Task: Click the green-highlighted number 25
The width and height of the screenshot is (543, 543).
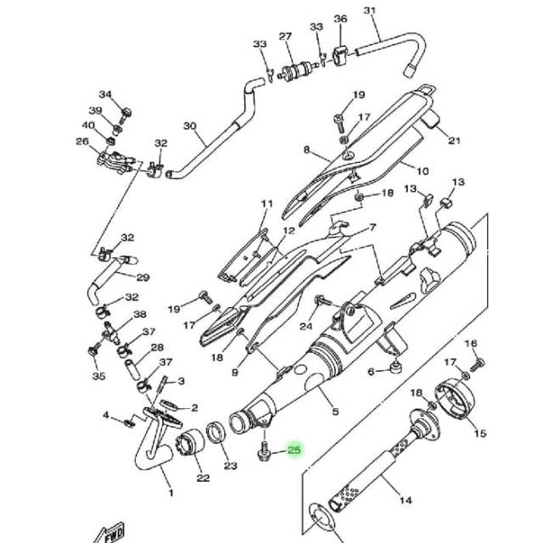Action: (x=294, y=450)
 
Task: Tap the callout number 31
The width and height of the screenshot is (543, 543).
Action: (x=370, y=10)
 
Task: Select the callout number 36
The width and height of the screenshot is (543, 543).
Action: (x=340, y=19)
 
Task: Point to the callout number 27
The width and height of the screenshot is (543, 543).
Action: (x=285, y=36)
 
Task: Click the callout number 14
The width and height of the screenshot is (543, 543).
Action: (x=406, y=500)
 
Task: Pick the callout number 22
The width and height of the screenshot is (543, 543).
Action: (x=204, y=479)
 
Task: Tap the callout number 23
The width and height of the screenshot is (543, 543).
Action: (x=231, y=466)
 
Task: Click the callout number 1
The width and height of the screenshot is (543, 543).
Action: (x=171, y=492)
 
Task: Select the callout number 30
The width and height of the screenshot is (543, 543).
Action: (x=190, y=126)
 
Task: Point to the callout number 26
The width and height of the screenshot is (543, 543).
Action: (x=82, y=142)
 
